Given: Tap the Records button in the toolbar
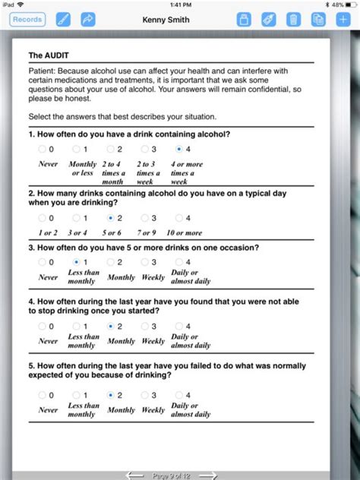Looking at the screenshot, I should tap(27, 19).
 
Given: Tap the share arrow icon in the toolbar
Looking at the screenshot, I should tap(88, 19).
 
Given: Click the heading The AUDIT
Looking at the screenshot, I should tap(46, 55).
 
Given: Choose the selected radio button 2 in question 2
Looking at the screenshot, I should tap(112, 218).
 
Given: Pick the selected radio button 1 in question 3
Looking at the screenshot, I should tap(76, 262).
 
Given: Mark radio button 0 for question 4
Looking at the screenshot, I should tap(42, 326).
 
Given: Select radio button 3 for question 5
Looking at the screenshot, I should tap(144, 395).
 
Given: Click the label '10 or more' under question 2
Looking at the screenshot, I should tap(184, 232).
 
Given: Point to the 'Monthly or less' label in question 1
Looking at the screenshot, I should tap(82, 169).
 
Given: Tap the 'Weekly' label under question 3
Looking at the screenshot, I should tap(153, 277).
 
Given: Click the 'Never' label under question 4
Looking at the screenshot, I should tap(48, 341).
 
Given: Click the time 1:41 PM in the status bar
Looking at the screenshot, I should tap(180, 5).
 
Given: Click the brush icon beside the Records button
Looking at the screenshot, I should tap(63, 19).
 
